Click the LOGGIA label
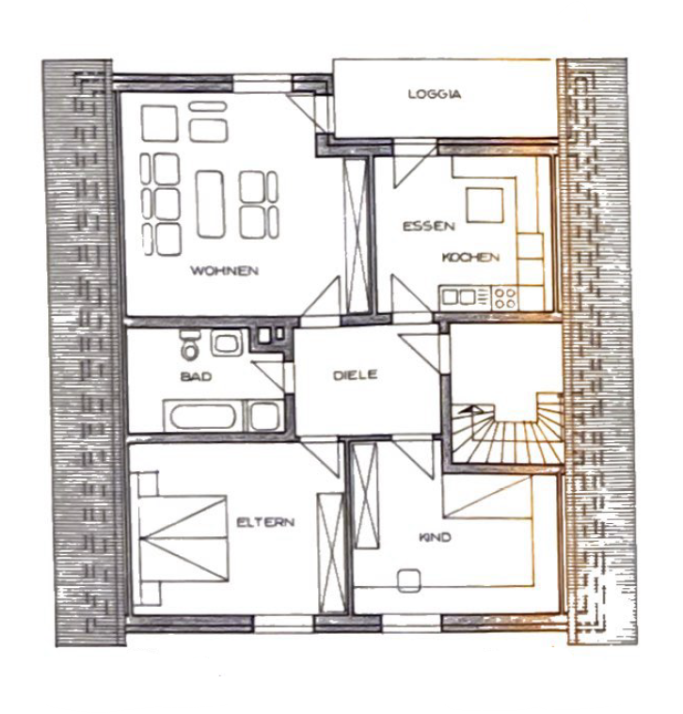[x=435, y=94]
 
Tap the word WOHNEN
[x=225, y=271]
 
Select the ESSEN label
[x=428, y=226]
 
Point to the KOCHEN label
[x=470, y=257]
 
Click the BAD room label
[x=196, y=376]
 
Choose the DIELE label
[x=356, y=374]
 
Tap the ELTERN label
[x=265, y=522]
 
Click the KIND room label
[x=436, y=537]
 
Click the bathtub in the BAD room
[x=205, y=416]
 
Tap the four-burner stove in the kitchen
[x=505, y=298]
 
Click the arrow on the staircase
[x=470, y=409]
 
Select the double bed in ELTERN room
[x=183, y=539]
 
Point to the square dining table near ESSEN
[x=484, y=205]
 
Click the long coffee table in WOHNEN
[x=211, y=203]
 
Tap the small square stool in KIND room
[x=409, y=580]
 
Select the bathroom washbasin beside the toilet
[x=227, y=342]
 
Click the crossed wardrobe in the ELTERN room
[x=331, y=552]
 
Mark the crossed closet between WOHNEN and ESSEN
[x=357, y=235]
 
